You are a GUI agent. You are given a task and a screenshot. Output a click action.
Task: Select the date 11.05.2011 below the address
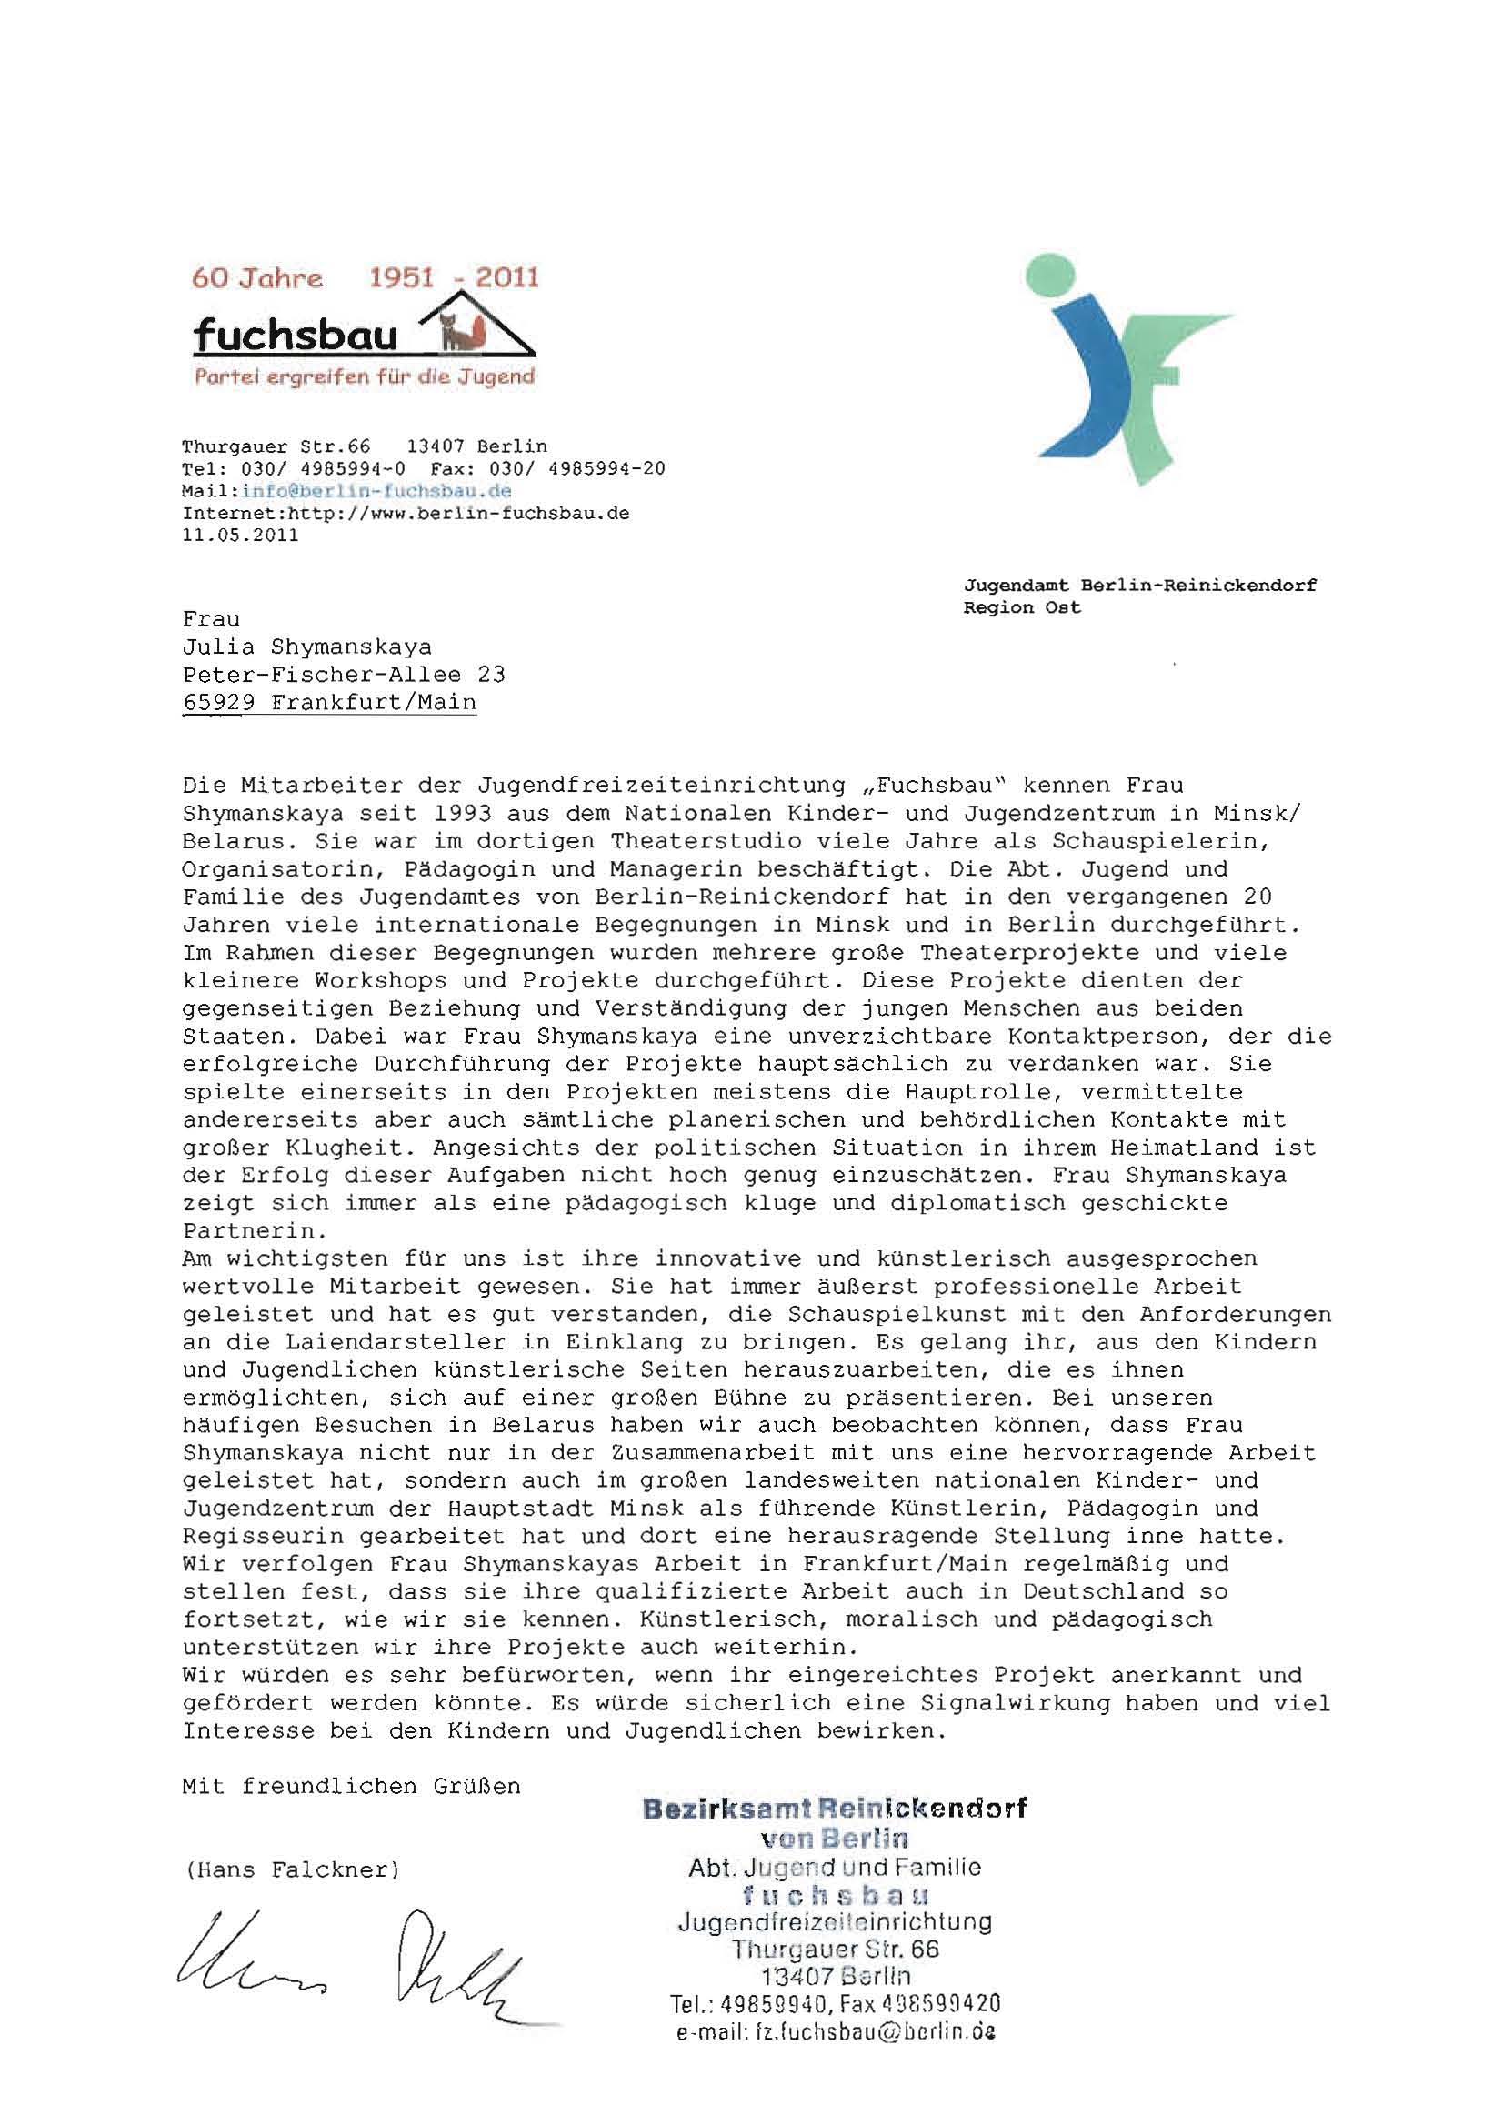(241, 535)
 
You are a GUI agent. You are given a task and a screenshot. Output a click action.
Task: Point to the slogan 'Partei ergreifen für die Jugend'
(364, 376)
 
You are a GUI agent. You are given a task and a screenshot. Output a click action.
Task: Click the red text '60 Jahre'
(257, 277)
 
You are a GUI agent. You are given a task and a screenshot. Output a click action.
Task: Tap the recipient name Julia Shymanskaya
(307, 646)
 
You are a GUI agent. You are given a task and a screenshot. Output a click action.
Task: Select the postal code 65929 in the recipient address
(218, 702)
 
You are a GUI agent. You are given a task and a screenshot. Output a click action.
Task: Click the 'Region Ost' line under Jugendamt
(1022, 608)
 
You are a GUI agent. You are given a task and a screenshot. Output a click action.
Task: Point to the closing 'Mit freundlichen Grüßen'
(352, 1786)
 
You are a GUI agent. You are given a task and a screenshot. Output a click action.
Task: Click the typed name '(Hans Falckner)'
(292, 1869)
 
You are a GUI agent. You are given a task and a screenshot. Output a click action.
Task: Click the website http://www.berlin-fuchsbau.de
(459, 513)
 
